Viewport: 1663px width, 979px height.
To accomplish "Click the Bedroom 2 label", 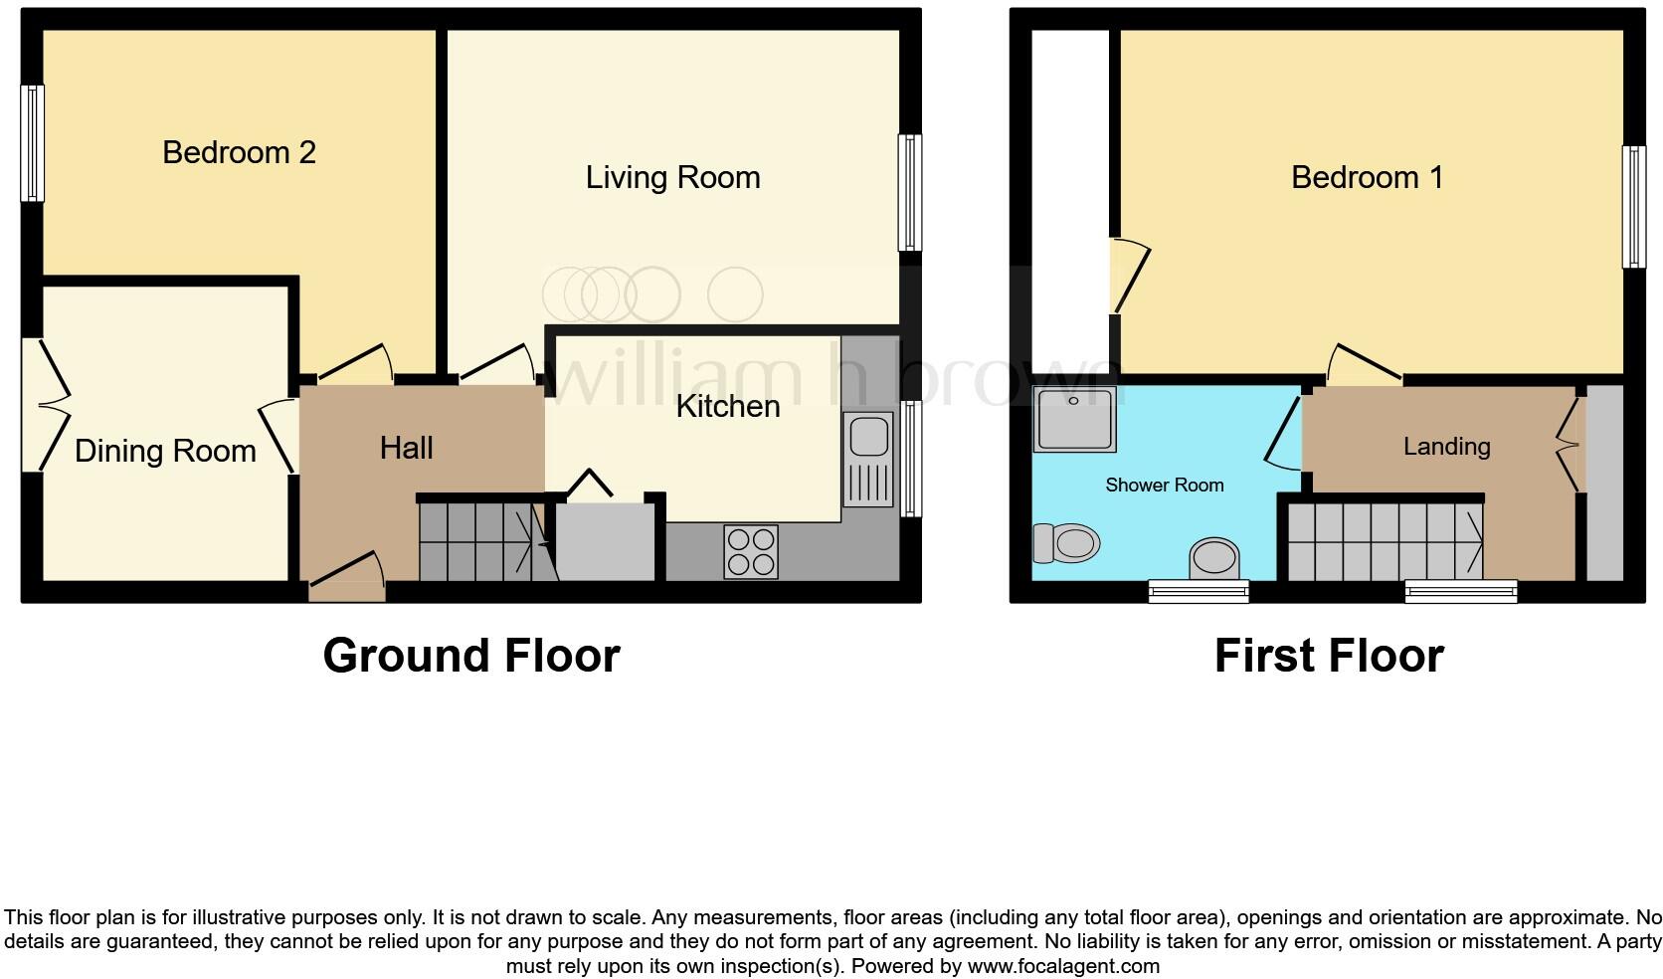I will click(x=239, y=152).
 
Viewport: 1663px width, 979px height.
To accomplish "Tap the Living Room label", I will click(x=672, y=177).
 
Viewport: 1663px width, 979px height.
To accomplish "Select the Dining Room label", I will click(x=165, y=451).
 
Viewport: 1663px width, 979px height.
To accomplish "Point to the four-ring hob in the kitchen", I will click(x=751, y=551).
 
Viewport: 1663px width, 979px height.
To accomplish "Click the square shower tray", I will click(x=1073, y=419).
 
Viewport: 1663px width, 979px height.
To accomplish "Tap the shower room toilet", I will click(x=1065, y=543).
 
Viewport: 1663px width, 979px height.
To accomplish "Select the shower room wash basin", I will click(x=1215, y=558).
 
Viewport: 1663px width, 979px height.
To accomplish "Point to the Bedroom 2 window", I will click(x=34, y=142).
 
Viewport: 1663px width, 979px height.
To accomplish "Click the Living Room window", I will click(x=909, y=192).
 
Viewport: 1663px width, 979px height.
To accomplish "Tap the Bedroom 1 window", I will click(x=1633, y=207).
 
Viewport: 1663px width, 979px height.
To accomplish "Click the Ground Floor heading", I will click(x=470, y=656).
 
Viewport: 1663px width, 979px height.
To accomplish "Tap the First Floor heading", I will click(x=1329, y=656).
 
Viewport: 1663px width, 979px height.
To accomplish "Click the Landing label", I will click(x=1446, y=446).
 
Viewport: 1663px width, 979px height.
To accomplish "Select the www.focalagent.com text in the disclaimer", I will click(x=1062, y=965).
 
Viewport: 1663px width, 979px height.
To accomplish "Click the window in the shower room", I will click(x=1198, y=592).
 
